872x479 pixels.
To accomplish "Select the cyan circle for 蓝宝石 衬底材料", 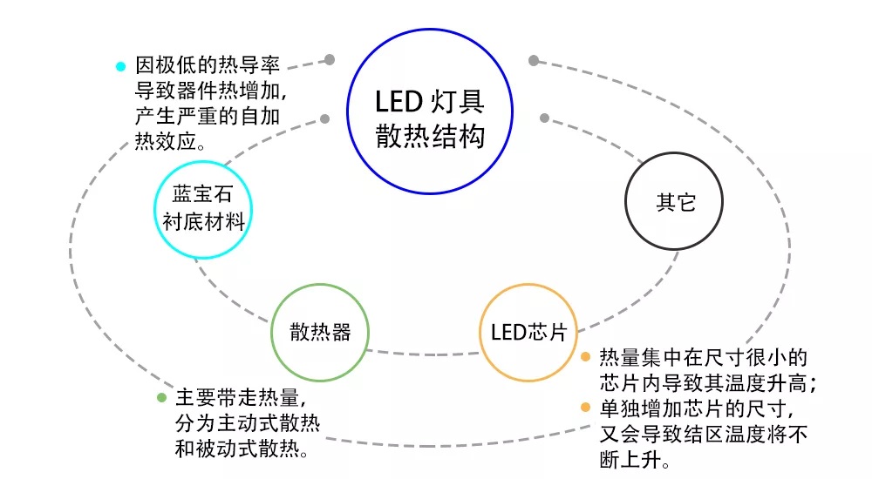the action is [x=203, y=162].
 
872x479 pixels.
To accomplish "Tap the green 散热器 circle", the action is [x=320, y=285].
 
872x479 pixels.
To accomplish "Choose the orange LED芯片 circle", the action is [x=528, y=285].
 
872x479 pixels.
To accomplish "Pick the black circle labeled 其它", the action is [x=674, y=153].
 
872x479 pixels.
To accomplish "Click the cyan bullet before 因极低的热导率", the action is [x=120, y=67].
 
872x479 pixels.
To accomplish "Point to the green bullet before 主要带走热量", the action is [x=162, y=397].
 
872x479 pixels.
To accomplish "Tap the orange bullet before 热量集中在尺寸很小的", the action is [x=586, y=357].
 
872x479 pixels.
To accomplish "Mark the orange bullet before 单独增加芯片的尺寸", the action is [x=586, y=408].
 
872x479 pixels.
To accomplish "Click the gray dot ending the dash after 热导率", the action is [x=330, y=59].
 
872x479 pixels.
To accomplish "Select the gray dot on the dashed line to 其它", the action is [x=544, y=118].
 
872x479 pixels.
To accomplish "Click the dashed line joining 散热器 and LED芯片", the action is [x=423, y=354].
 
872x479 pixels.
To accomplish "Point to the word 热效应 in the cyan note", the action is [x=165, y=142].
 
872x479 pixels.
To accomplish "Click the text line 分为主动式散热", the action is [x=248, y=423].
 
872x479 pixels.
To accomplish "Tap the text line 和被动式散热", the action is [x=242, y=449].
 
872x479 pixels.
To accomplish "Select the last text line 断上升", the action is [x=635, y=460].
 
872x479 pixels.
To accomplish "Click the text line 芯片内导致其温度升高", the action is [x=708, y=383].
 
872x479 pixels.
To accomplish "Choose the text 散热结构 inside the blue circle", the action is [x=430, y=136].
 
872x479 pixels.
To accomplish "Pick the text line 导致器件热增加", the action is [x=211, y=91].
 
